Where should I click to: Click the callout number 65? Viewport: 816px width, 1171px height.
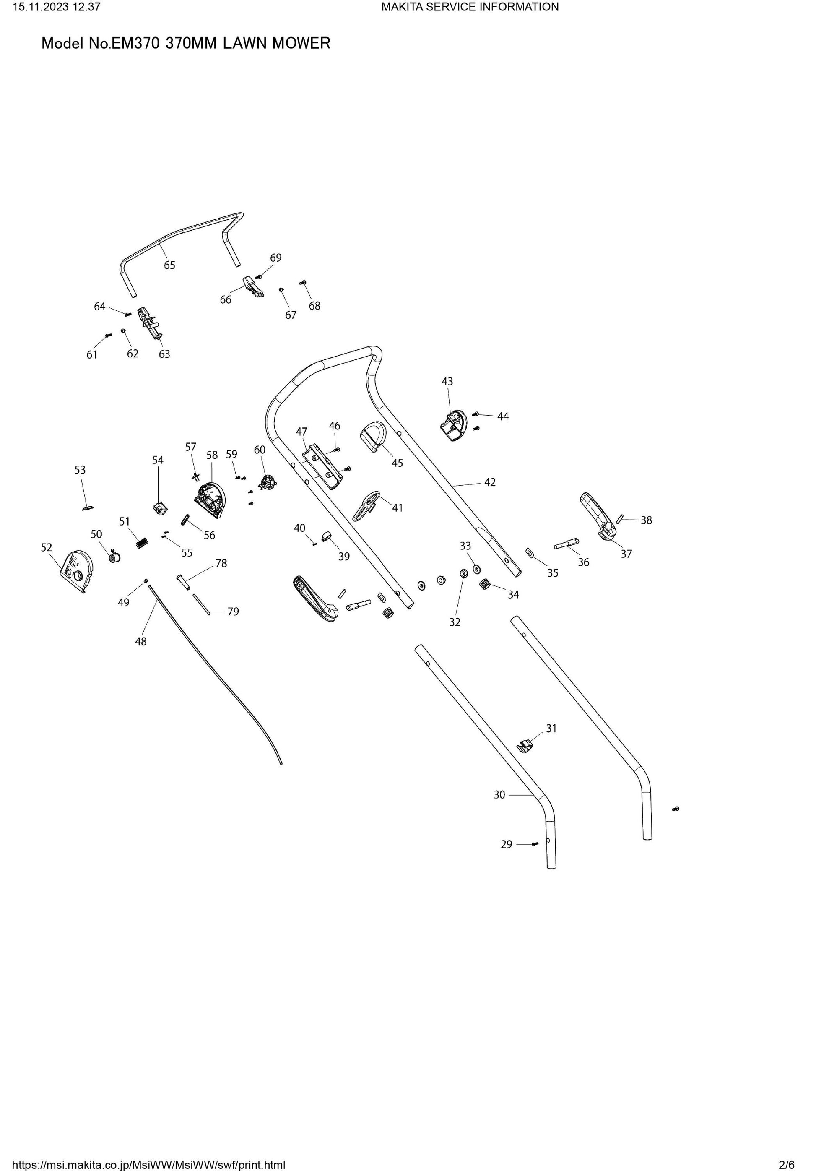169,265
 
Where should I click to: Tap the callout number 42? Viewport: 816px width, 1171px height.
490,482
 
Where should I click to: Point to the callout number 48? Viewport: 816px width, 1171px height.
141,642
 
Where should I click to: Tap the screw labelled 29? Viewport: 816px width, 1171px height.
535,844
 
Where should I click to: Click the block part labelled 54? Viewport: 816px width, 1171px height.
161,507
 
